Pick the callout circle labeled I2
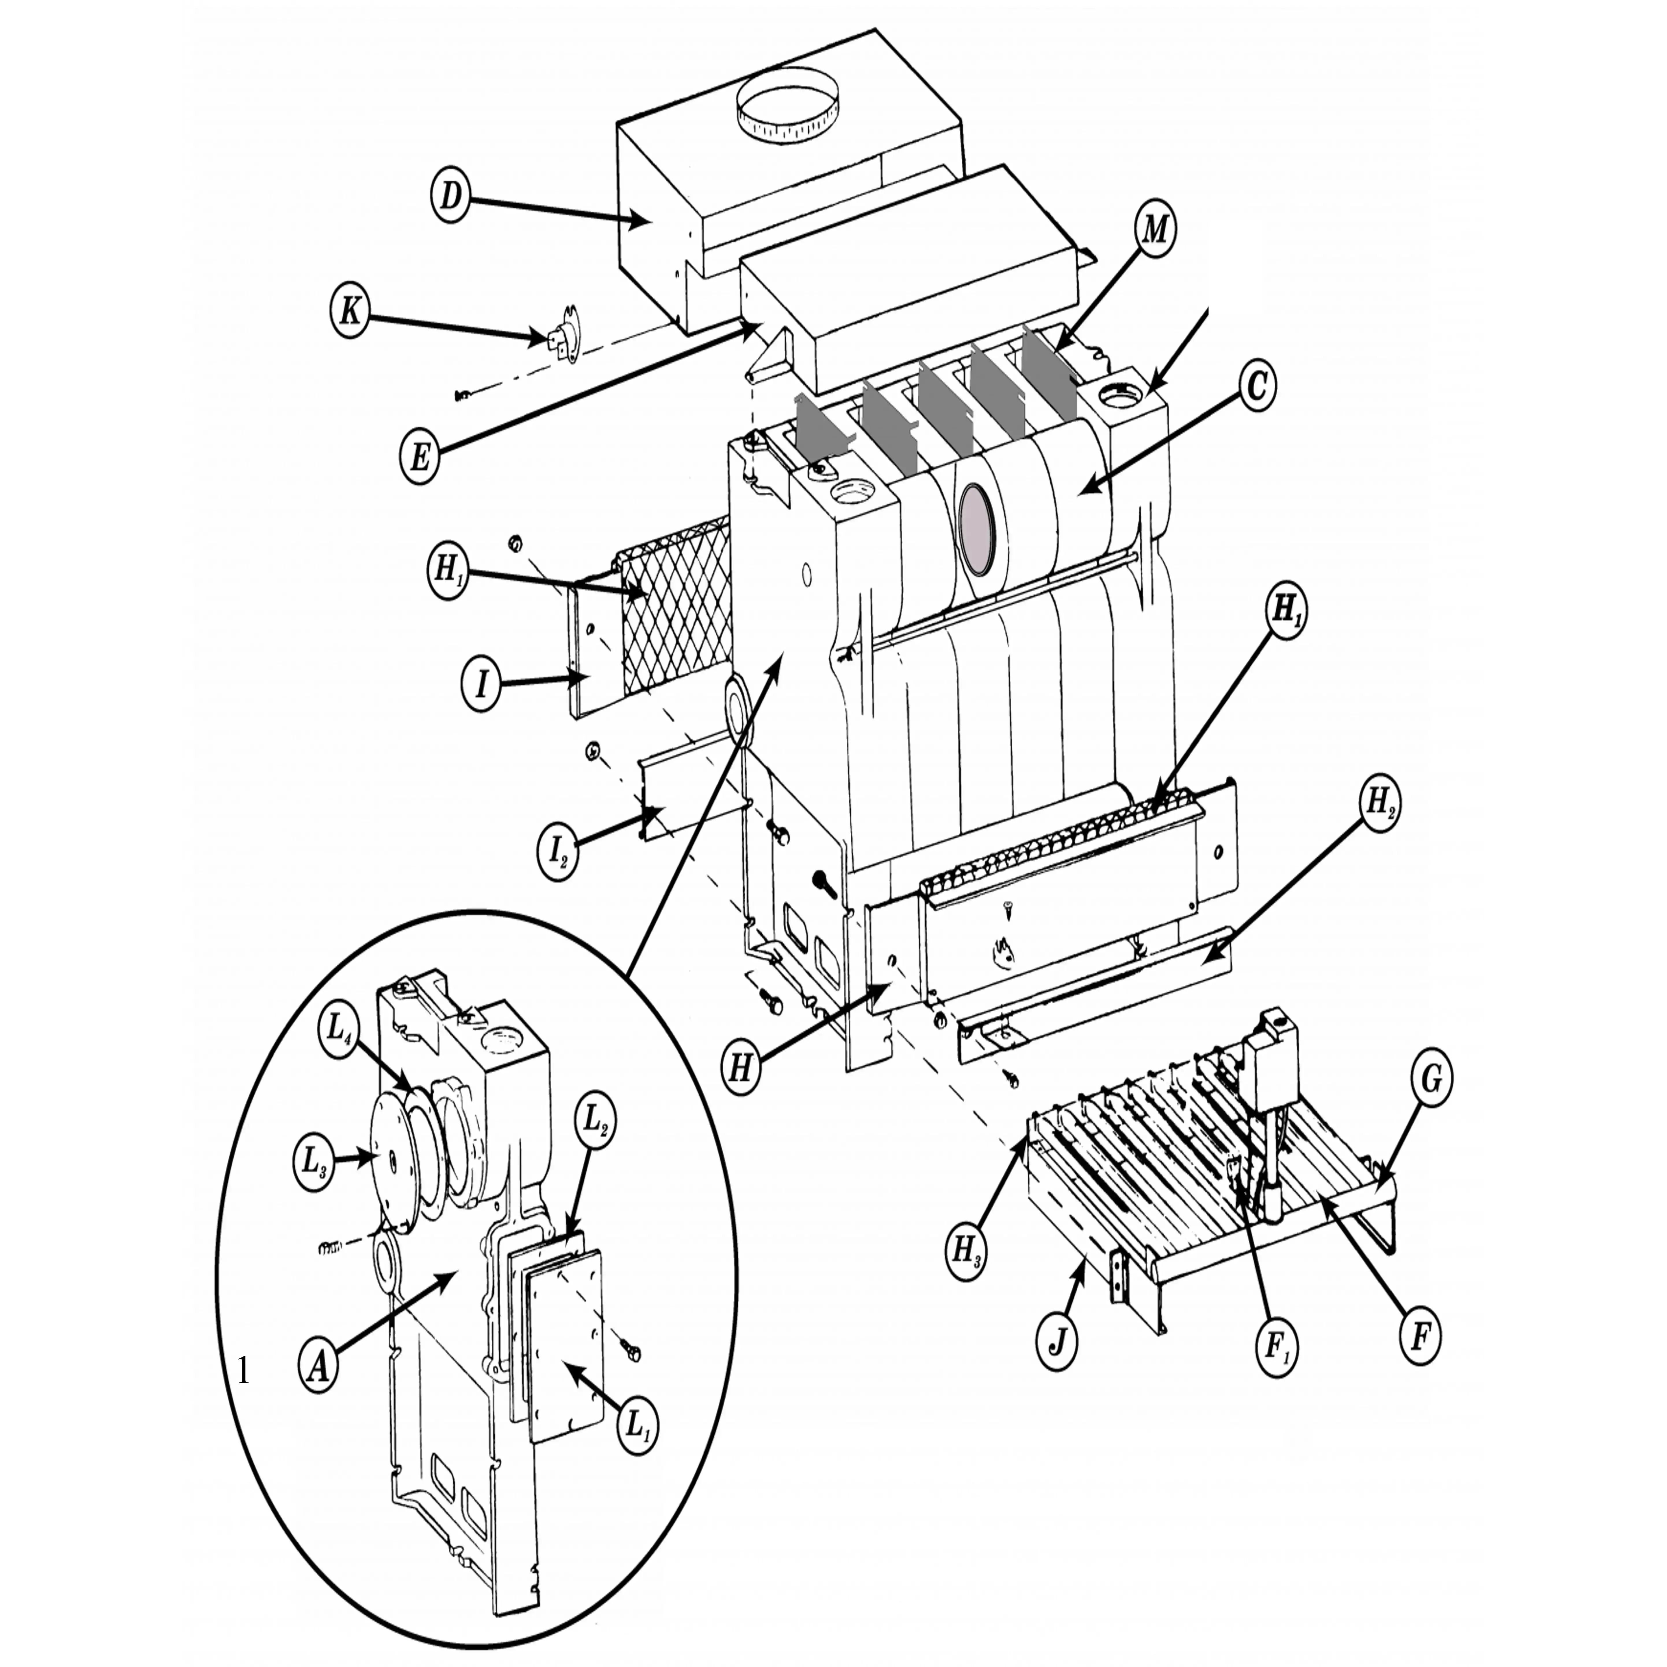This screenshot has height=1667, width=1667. click(558, 852)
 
